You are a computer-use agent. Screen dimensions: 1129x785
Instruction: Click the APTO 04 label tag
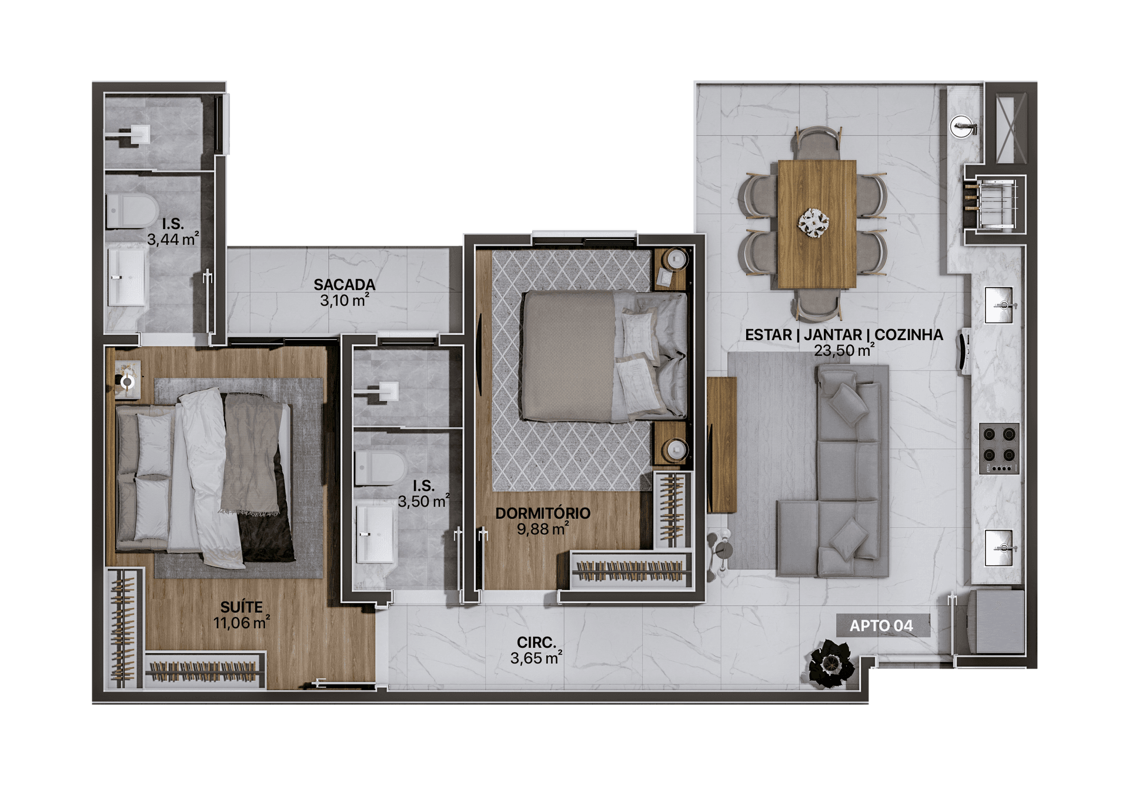point(883,626)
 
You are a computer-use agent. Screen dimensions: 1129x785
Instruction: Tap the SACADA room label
point(344,284)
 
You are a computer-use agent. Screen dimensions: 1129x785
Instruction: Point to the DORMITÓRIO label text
point(543,513)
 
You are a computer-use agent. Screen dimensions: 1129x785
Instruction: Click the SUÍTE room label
point(241,607)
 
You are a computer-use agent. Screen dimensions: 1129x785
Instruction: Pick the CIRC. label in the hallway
point(536,643)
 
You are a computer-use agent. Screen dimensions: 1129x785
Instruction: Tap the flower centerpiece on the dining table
point(814,223)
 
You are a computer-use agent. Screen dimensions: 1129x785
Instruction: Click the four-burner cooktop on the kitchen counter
point(999,448)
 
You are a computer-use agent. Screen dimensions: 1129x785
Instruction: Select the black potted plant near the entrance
point(831,664)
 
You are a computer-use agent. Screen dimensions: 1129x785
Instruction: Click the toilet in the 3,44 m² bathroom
point(132,211)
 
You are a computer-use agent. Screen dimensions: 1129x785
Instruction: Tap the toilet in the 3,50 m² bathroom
point(381,468)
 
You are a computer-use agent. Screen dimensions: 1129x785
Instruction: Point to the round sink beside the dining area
point(962,126)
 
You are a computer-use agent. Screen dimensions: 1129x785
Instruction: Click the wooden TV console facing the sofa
point(722,445)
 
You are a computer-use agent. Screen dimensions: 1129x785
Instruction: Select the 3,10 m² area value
point(345,300)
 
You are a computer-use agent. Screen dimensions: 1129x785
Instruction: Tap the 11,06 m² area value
point(241,622)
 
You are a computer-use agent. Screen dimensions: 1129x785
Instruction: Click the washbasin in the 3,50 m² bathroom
point(375,534)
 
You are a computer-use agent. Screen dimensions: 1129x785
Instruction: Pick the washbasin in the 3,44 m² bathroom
point(127,276)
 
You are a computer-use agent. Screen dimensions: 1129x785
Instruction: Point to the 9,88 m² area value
point(542,529)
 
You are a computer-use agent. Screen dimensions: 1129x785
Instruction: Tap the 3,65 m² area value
point(536,658)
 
